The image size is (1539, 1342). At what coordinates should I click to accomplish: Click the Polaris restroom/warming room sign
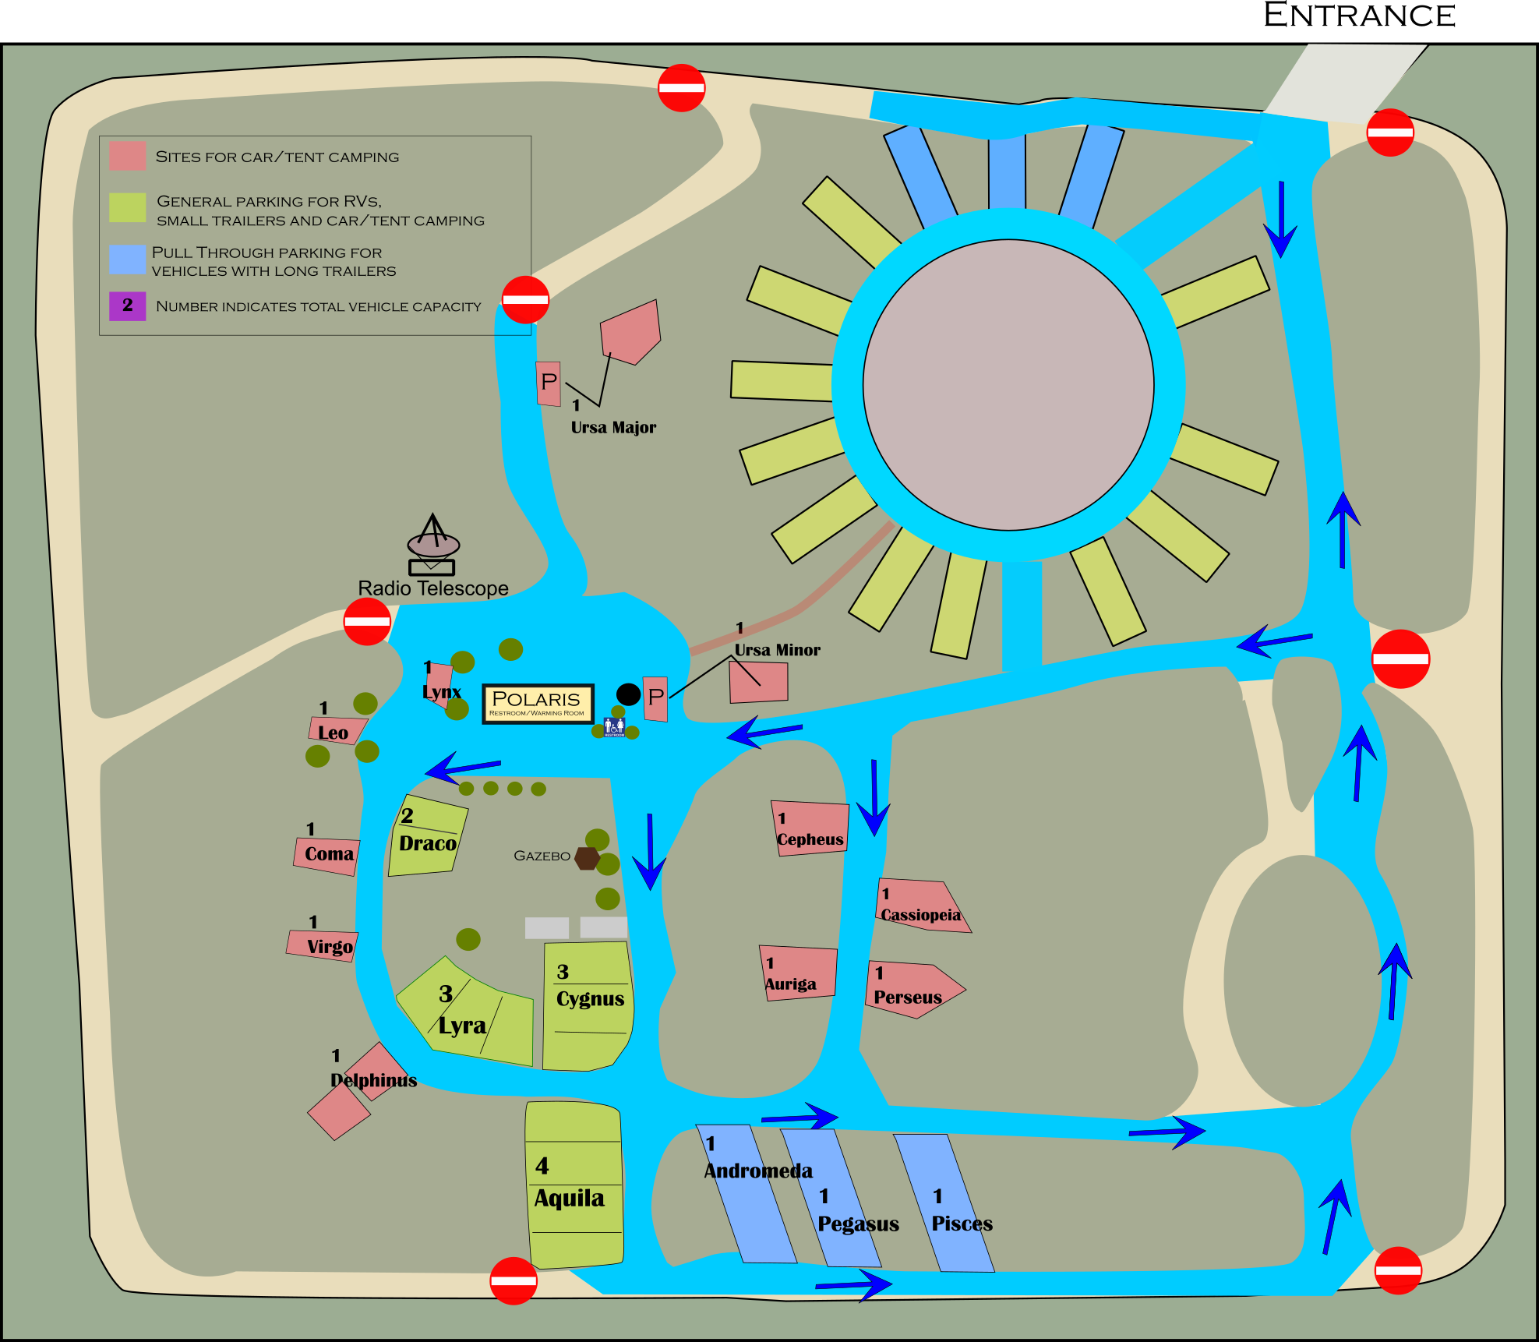tap(538, 703)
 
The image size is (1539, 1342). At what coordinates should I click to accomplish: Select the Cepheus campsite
tap(810, 828)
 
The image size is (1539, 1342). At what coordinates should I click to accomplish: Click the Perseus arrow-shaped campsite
tap(912, 990)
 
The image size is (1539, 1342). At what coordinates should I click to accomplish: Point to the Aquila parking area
tap(575, 1185)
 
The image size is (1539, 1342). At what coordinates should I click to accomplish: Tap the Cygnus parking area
tap(588, 1006)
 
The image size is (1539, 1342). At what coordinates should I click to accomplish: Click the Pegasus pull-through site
tap(831, 1199)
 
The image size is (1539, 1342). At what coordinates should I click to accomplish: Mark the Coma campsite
tap(327, 856)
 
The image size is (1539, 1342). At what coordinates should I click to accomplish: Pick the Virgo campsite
tap(322, 945)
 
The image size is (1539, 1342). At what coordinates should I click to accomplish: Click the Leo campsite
tap(337, 731)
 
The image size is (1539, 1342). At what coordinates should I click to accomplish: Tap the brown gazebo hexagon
tap(587, 858)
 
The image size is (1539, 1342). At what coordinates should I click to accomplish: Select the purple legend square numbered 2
tap(127, 305)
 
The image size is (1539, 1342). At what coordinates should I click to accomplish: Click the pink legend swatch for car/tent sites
tap(127, 156)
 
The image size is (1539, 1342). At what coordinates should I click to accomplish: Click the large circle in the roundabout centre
tap(1008, 385)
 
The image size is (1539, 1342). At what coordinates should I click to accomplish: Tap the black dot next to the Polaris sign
tap(628, 694)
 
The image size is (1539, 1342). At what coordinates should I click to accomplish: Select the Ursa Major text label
tap(613, 427)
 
